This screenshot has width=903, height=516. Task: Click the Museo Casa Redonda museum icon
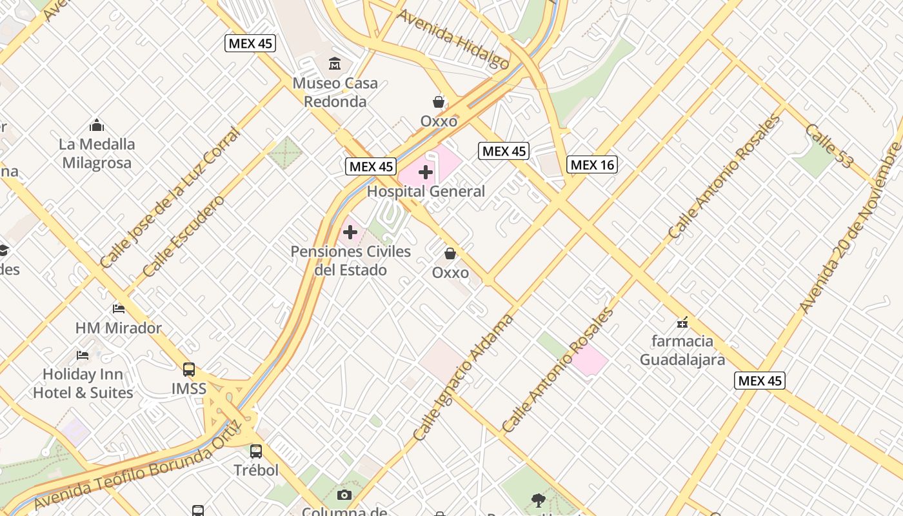(335, 63)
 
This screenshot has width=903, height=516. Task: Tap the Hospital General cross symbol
(426, 172)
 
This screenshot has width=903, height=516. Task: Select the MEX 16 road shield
(592, 165)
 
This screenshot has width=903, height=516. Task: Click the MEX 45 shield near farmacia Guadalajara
(760, 381)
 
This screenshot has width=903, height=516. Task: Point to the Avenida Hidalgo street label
(453, 39)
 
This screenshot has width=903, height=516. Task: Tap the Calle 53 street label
(828, 146)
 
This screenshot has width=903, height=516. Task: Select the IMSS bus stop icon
(189, 370)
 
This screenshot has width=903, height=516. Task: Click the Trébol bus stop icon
(256, 451)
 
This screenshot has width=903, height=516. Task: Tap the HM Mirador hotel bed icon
(119, 309)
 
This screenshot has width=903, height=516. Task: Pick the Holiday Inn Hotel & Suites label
(83, 383)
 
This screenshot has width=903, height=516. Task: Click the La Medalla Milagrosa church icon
(97, 124)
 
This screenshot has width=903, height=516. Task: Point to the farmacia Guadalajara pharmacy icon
(682, 322)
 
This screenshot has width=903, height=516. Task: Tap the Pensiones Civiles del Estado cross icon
(350, 232)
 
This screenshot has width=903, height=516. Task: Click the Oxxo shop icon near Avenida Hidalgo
(439, 102)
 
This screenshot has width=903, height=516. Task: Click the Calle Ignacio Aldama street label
(463, 378)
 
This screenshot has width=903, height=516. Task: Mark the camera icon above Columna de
(344, 495)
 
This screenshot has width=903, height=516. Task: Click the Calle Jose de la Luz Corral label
(170, 198)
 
